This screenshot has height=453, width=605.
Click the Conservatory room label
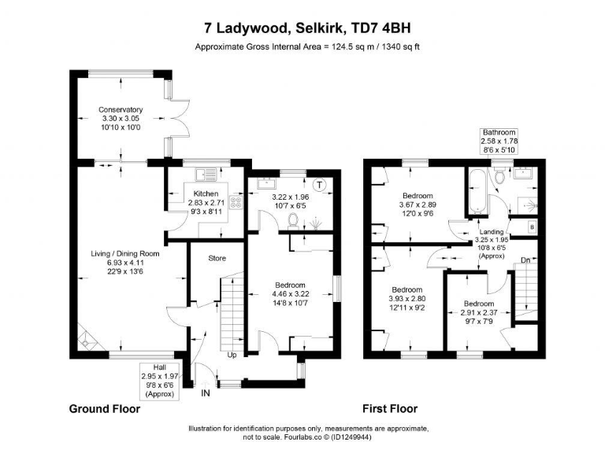click(x=120, y=109)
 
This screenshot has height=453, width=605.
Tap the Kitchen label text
click(x=206, y=193)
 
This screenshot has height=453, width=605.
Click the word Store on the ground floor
click(x=217, y=258)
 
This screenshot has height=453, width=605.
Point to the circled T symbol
click(x=319, y=186)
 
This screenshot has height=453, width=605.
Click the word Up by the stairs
click(x=232, y=354)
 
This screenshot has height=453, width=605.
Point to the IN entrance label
click(x=206, y=392)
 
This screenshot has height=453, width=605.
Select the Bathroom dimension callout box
click(x=499, y=141)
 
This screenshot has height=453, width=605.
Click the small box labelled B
click(x=531, y=228)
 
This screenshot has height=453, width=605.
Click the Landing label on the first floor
click(x=492, y=231)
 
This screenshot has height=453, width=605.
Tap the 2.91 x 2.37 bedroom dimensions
click(x=478, y=312)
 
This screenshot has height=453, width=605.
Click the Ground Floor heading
click(x=105, y=409)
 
